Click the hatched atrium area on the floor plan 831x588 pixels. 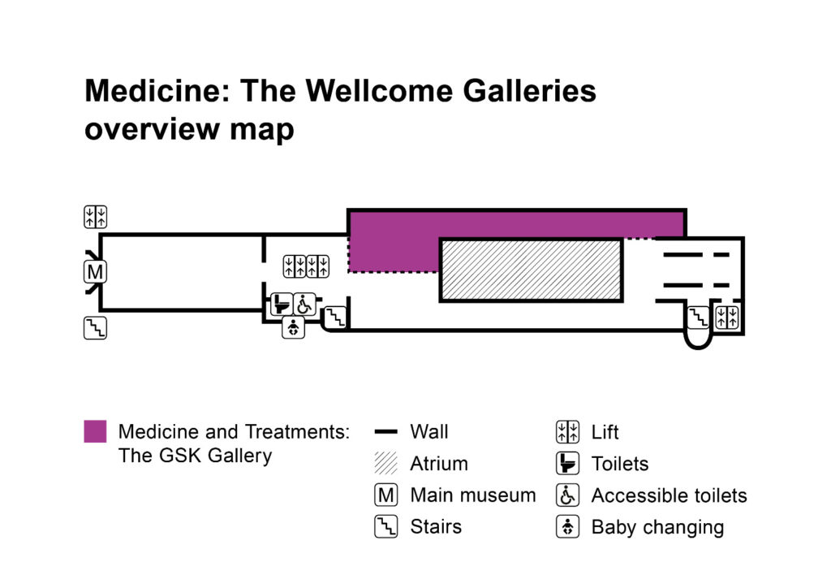(532, 270)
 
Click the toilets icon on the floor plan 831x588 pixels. (281, 305)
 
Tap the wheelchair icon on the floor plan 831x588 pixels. (304, 305)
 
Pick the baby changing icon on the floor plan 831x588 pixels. (293, 328)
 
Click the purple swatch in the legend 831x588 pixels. (95, 431)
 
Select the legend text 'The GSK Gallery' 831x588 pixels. (195, 455)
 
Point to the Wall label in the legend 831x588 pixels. (429, 431)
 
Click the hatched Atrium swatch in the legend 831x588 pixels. (386, 464)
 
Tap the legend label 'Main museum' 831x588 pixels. (473, 495)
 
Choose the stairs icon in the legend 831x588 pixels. (386, 526)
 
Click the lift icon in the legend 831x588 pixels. (567, 432)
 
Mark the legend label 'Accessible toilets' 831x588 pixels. (669, 495)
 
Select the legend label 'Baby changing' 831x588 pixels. (657, 526)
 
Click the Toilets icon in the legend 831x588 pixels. (567, 464)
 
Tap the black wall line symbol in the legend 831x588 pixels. (386, 432)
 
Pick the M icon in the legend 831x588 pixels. (386, 495)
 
